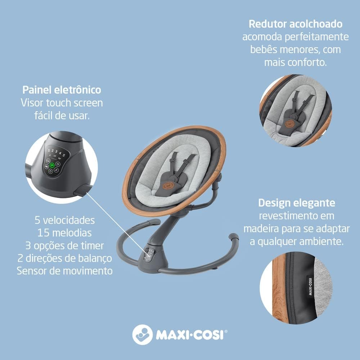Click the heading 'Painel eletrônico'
click(x=62, y=90)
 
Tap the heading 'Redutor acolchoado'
click(x=296, y=24)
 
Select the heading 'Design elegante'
click(x=297, y=203)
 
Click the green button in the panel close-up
click(x=52, y=165)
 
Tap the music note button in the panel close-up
click(x=57, y=170)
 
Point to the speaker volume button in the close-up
click(x=47, y=166)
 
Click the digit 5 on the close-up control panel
click(x=64, y=156)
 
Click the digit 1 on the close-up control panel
click(x=49, y=150)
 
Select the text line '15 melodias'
click(x=64, y=233)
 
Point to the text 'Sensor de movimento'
click(x=64, y=271)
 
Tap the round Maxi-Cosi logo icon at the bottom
click(x=142, y=334)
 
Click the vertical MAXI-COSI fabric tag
click(x=310, y=286)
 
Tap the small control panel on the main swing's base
click(x=149, y=255)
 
